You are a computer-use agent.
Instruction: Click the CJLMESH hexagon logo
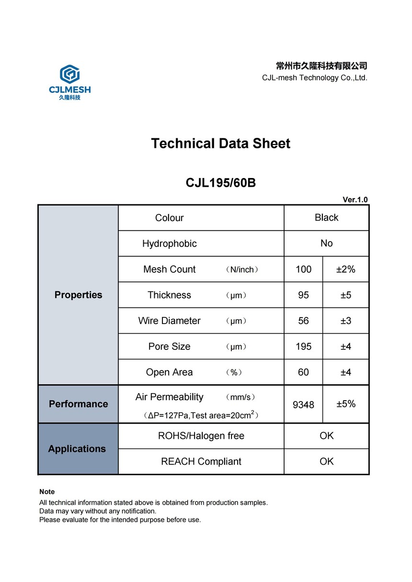coord(69,75)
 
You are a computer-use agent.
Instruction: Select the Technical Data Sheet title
coord(220,144)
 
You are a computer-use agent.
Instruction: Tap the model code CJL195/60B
coord(220,183)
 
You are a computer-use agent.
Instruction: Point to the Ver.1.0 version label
coord(355,200)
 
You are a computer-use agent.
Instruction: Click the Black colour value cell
coord(326,218)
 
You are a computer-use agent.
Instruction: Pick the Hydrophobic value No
coord(326,244)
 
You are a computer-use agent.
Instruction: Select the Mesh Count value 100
coord(303,269)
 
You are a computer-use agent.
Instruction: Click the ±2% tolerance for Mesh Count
coord(345,269)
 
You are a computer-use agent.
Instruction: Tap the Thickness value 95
coord(303,295)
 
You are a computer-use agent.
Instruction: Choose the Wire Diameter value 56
coord(303,321)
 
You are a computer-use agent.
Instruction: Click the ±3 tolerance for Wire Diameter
coord(345,321)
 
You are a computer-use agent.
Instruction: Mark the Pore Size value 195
coord(303,347)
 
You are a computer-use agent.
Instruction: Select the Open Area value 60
coord(303,372)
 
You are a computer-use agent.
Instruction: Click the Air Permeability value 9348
coord(303,405)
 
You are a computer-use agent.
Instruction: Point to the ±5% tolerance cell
coord(345,404)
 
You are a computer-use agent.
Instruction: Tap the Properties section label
coord(78,295)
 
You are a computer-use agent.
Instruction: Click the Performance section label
coord(78,404)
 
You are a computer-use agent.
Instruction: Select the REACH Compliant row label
coord(201,462)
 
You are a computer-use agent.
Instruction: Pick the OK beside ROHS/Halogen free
coord(326,436)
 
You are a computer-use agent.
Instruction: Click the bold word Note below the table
coord(47,492)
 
